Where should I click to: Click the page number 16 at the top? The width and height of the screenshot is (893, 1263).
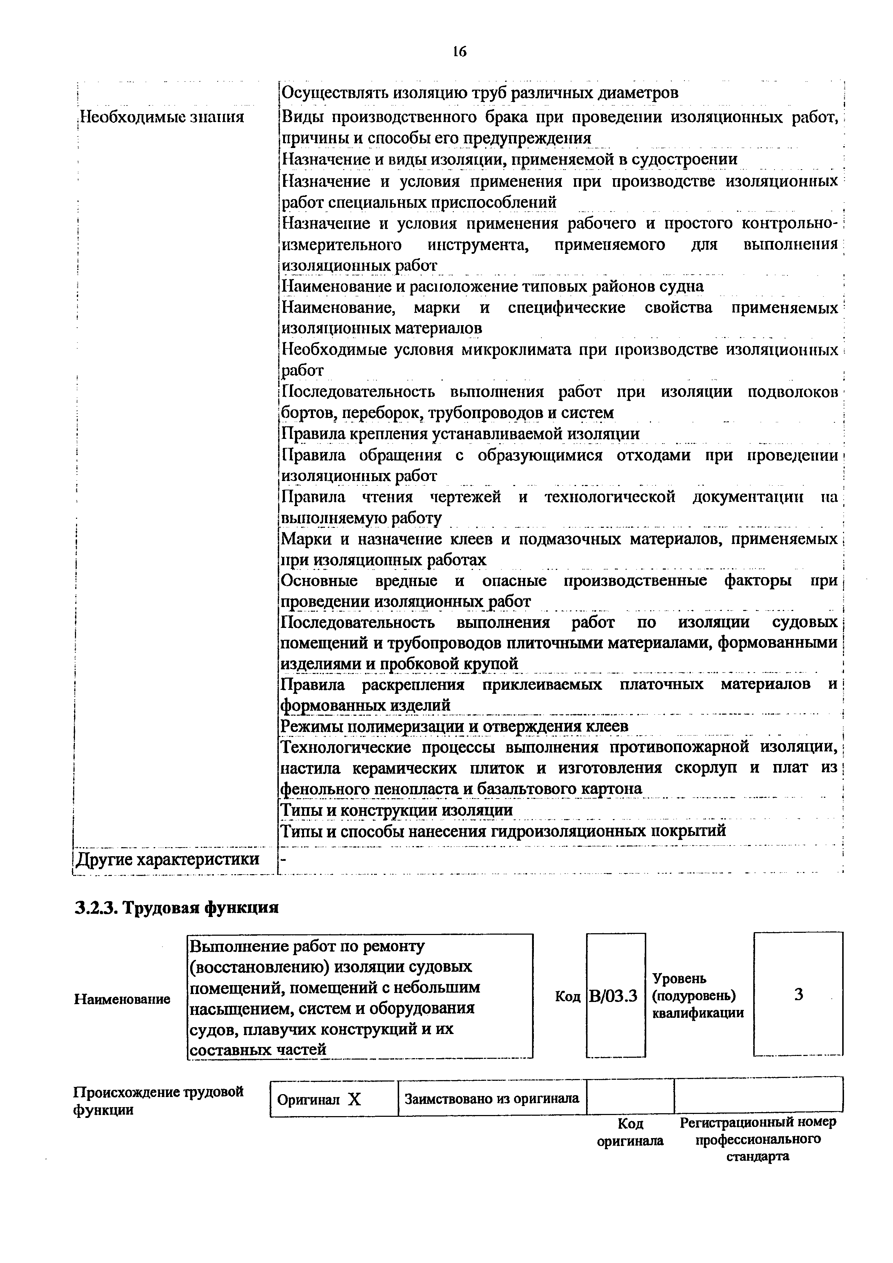[x=459, y=52]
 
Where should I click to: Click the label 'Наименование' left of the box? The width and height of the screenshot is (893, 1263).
[x=122, y=998]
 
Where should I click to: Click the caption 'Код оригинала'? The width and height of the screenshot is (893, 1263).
[x=630, y=1132]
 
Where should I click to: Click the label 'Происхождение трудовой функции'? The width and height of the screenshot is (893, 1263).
[x=158, y=1100]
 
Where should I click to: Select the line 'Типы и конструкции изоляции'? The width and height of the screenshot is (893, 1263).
[x=397, y=810]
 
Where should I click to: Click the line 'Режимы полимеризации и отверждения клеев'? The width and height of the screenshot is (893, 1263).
[x=455, y=726]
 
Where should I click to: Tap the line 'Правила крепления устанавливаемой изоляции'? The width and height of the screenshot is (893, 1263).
[x=460, y=433]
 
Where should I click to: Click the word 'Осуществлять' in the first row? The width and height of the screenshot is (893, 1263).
[x=336, y=93]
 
